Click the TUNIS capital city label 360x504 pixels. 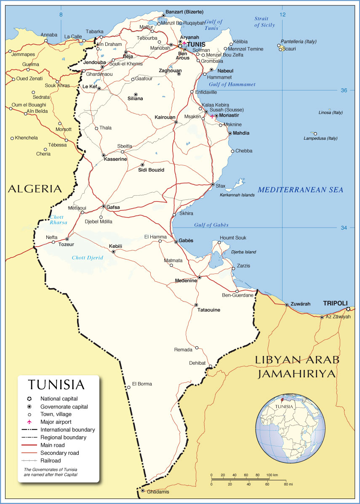(x=197, y=44)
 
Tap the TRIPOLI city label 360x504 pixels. (x=335, y=303)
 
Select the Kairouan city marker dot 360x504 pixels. (x=176, y=122)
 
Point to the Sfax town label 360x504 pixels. (x=221, y=186)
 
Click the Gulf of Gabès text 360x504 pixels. (x=211, y=225)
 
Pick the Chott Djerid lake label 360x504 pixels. (x=87, y=257)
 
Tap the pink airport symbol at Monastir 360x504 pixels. (x=212, y=116)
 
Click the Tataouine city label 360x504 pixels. (x=209, y=310)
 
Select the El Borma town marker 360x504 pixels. (x=128, y=387)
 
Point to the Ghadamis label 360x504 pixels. (x=158, y=491)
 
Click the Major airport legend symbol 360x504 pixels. (x=29, y=422)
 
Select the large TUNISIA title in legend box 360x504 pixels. (x=56, y=385)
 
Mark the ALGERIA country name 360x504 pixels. (x=35, y=189)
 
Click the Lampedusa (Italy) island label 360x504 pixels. (x=320, y=138)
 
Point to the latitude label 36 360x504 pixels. (x=344, y=90)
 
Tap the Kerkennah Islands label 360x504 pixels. (x=237, y=195)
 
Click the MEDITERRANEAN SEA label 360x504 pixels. (x=300, y=190)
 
